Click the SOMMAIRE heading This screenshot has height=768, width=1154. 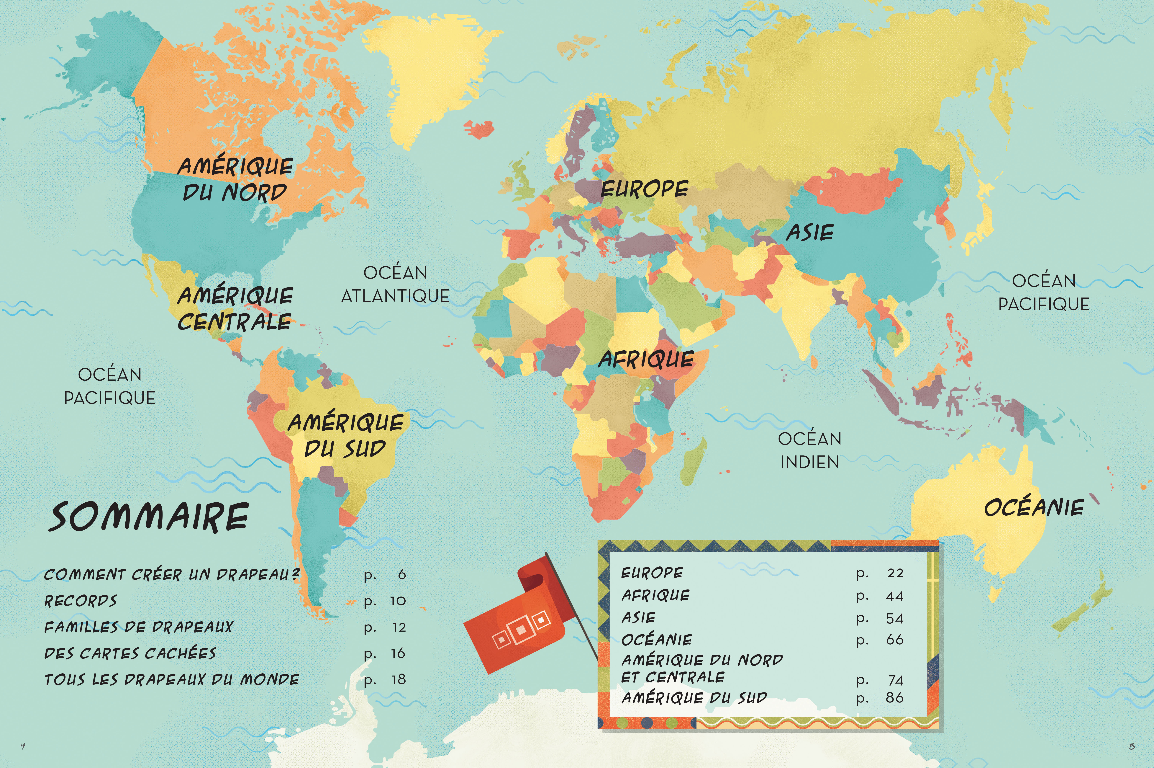point(148,517)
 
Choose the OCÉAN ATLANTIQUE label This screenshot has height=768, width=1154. point(395,285)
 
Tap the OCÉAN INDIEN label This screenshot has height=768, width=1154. point(809,450)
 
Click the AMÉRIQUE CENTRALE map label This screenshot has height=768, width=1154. point(235,309)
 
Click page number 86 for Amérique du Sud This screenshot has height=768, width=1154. point(894,697)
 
